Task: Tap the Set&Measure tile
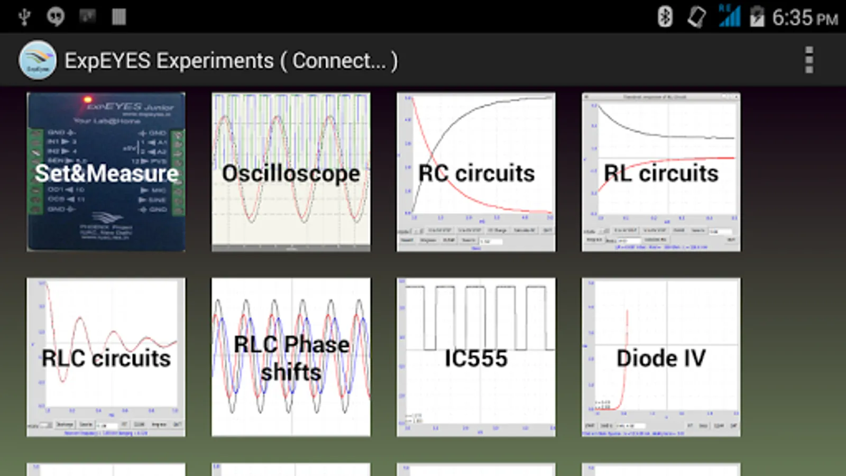106,172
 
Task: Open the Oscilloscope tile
291,172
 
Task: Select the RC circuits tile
476,172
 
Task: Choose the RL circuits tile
661,172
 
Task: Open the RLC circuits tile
106,357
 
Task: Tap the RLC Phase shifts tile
291,357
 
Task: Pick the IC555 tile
476,357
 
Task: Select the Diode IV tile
661,357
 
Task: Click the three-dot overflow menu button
808,60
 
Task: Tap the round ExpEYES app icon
38,60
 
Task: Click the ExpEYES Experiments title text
169,61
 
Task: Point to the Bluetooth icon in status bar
665,17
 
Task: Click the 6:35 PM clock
805,18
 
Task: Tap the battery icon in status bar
757,17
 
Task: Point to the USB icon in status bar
24,17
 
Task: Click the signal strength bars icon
730,16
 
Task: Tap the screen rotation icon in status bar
696,17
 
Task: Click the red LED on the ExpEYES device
88,99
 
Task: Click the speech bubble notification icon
56,17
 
